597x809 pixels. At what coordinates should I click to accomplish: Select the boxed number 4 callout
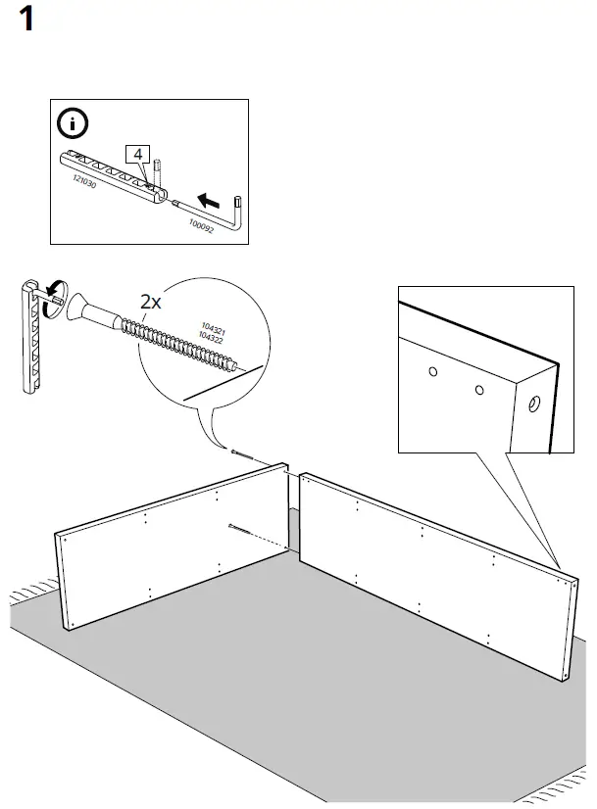tap(138, 155)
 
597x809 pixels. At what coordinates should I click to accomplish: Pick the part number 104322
tap(213, 338)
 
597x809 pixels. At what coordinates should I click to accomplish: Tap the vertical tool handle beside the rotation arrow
tap(29, 335)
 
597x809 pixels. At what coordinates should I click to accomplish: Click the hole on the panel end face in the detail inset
tap(535, 404)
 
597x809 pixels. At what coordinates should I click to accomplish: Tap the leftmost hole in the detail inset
tap(431, 373)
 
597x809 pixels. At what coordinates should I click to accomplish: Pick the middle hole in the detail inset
tap(478, 391)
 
